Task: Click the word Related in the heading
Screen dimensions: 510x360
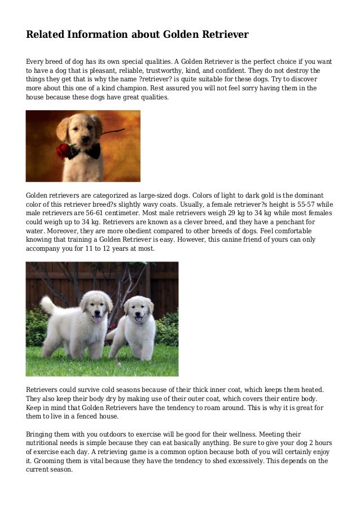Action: [x=45, y=35]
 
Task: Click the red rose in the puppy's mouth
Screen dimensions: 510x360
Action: [x=65, y=150]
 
